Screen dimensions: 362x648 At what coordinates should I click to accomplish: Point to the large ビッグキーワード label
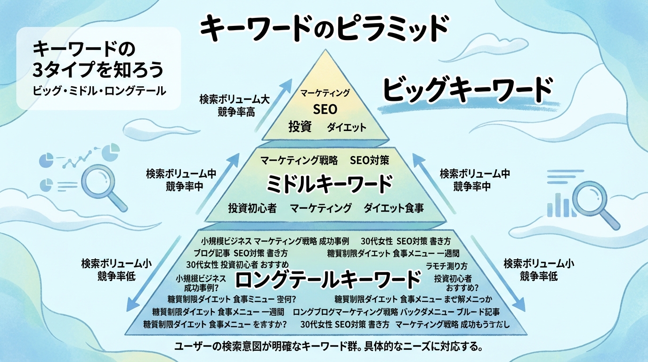[466, 89]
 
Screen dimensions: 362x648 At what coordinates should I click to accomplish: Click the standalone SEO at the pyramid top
[325, 110]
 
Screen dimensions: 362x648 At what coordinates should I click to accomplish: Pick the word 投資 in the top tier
[300, 127]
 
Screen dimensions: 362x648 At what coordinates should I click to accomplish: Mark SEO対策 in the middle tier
[370, 160]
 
